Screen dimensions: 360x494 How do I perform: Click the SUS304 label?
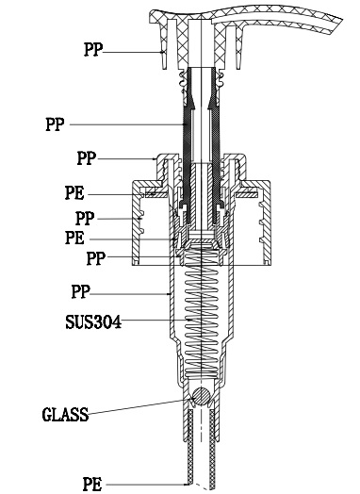pyautogui.click(x=93, y=322)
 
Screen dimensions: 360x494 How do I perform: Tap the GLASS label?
pyautogui.click(x=65, y=414)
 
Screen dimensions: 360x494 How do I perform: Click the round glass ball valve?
pyautogui.click(x=201, y=396)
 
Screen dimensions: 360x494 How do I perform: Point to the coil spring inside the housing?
pyautogui.click(x=202, y=312)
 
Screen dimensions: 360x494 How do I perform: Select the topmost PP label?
pyautogui.click(x=93, y=49)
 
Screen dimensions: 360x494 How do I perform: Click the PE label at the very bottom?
pyautogui.click(x=92, y=484)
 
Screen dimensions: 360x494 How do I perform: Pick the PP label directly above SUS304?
pyautogui.click(x=81, y=291)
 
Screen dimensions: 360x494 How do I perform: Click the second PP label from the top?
pyautogui.click(x=55, y=124)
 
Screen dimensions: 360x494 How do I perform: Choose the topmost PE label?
pyautogui.click(x=74, y=193)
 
